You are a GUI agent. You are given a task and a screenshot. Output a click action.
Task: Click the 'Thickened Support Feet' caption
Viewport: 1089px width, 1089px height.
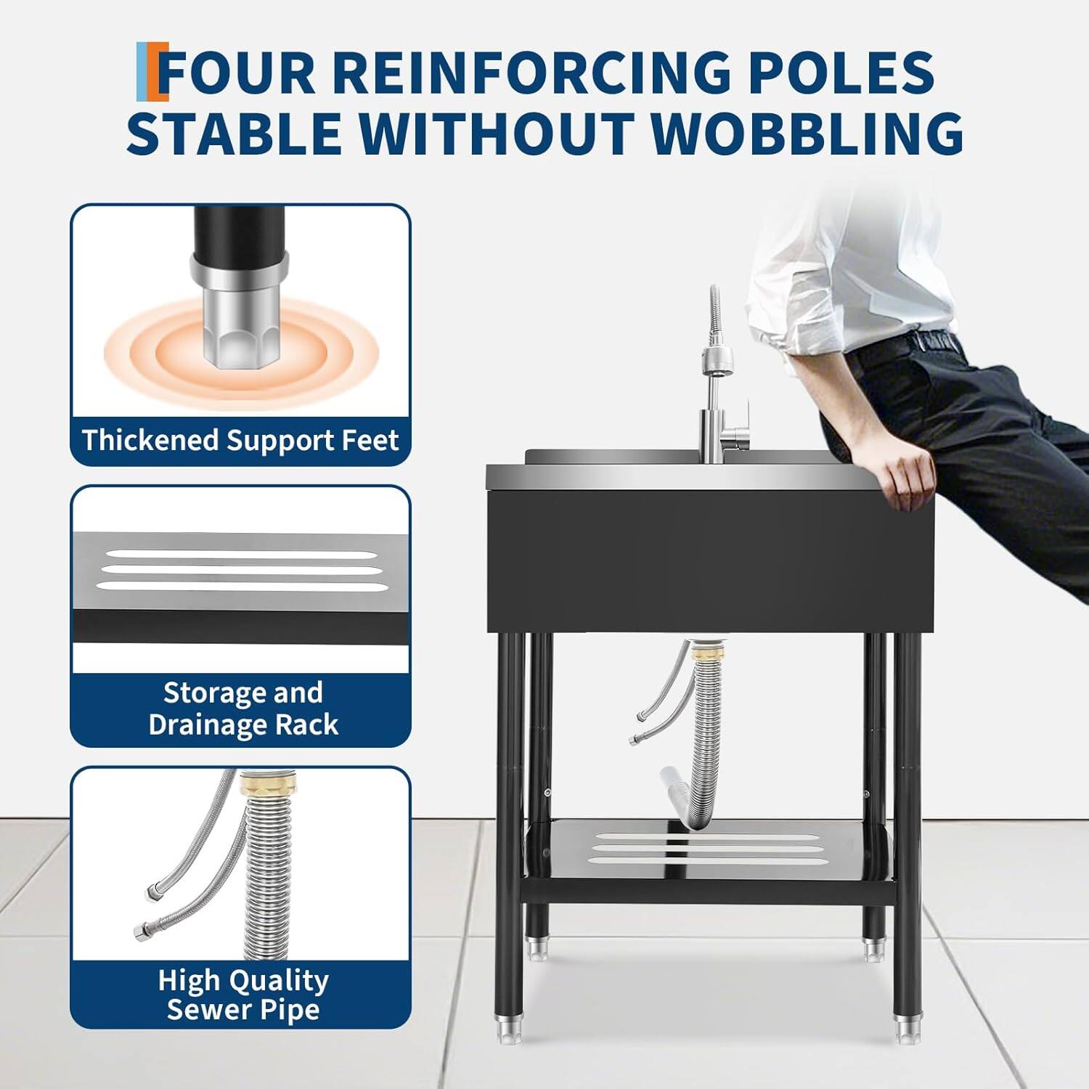240,441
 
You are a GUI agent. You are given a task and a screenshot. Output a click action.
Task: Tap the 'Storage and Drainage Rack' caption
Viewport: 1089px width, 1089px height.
242,709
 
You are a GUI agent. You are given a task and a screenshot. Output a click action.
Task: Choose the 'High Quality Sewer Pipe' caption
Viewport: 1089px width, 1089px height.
242,995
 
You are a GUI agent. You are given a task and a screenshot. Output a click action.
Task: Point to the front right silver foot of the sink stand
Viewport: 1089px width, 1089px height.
907,1027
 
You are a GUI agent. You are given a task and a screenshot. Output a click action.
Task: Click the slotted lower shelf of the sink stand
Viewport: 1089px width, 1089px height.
708,849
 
